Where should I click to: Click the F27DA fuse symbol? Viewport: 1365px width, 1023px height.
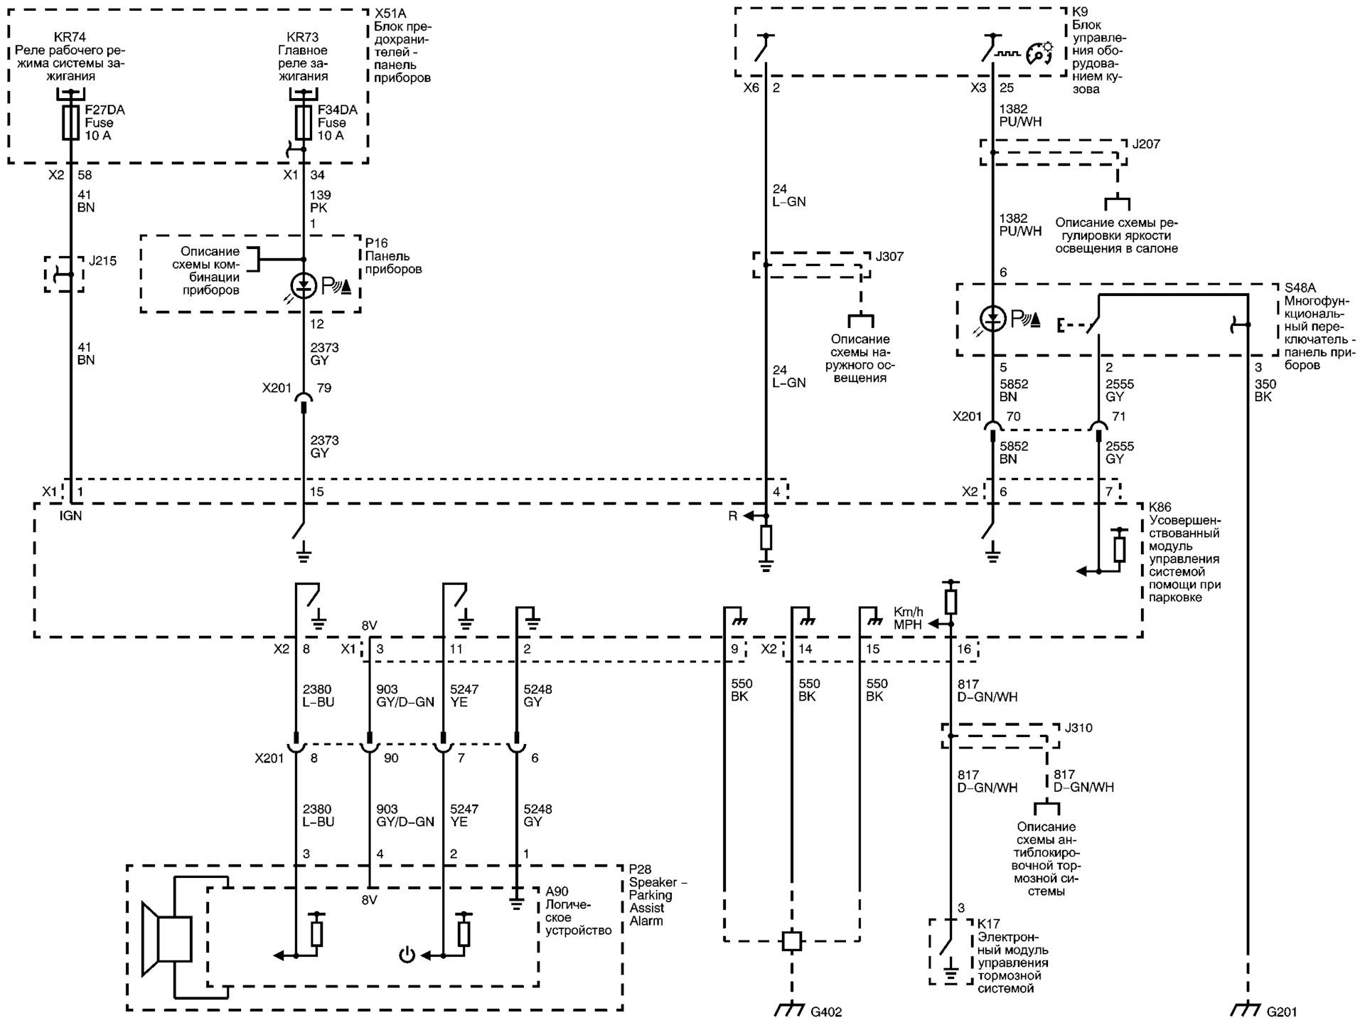pos(70,123)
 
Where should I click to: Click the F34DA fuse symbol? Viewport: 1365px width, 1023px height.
pos(304,123)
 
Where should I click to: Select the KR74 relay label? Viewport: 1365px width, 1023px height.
pos(70,37)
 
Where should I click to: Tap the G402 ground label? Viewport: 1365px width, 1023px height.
pos(826,1012)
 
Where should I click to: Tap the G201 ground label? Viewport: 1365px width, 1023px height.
pos(1282,1012)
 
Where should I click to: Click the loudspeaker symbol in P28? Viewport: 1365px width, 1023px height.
pos(166,938)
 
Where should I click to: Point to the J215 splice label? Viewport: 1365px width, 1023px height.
pos(103,261)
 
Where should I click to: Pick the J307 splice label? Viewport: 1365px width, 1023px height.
pos(889,257)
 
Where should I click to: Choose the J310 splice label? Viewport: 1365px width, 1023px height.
pos(1078,728)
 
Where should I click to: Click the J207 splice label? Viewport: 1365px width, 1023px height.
pos(1145,144)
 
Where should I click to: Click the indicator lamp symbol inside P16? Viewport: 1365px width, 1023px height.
pos(304,286)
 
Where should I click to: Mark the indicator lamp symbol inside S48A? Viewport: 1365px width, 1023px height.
pos(992,318)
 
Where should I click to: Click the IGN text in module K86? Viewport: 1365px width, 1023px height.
pos(70,516)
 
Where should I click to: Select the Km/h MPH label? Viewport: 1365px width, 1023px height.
pos(909,618)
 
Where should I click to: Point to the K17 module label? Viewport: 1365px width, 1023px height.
pos(988,924)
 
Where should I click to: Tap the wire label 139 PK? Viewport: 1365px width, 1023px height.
pos(320,201)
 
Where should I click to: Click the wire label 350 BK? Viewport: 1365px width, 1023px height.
pos(1265,390)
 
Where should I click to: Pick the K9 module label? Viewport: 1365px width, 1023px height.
pos(1079,12)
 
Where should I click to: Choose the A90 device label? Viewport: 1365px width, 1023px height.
pos(557,892)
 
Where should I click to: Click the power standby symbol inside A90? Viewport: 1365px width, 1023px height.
pos(407,955)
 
